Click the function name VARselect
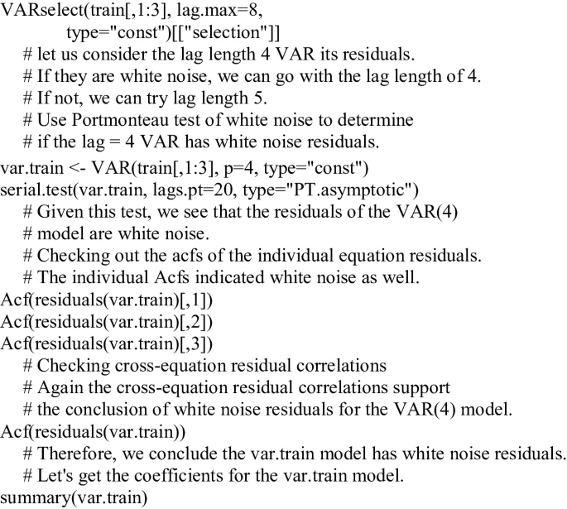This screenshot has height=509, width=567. pos(43,11)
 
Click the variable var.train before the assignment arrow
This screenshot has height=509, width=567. pos(31,168)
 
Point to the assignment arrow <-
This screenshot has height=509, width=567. pos(77,169)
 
